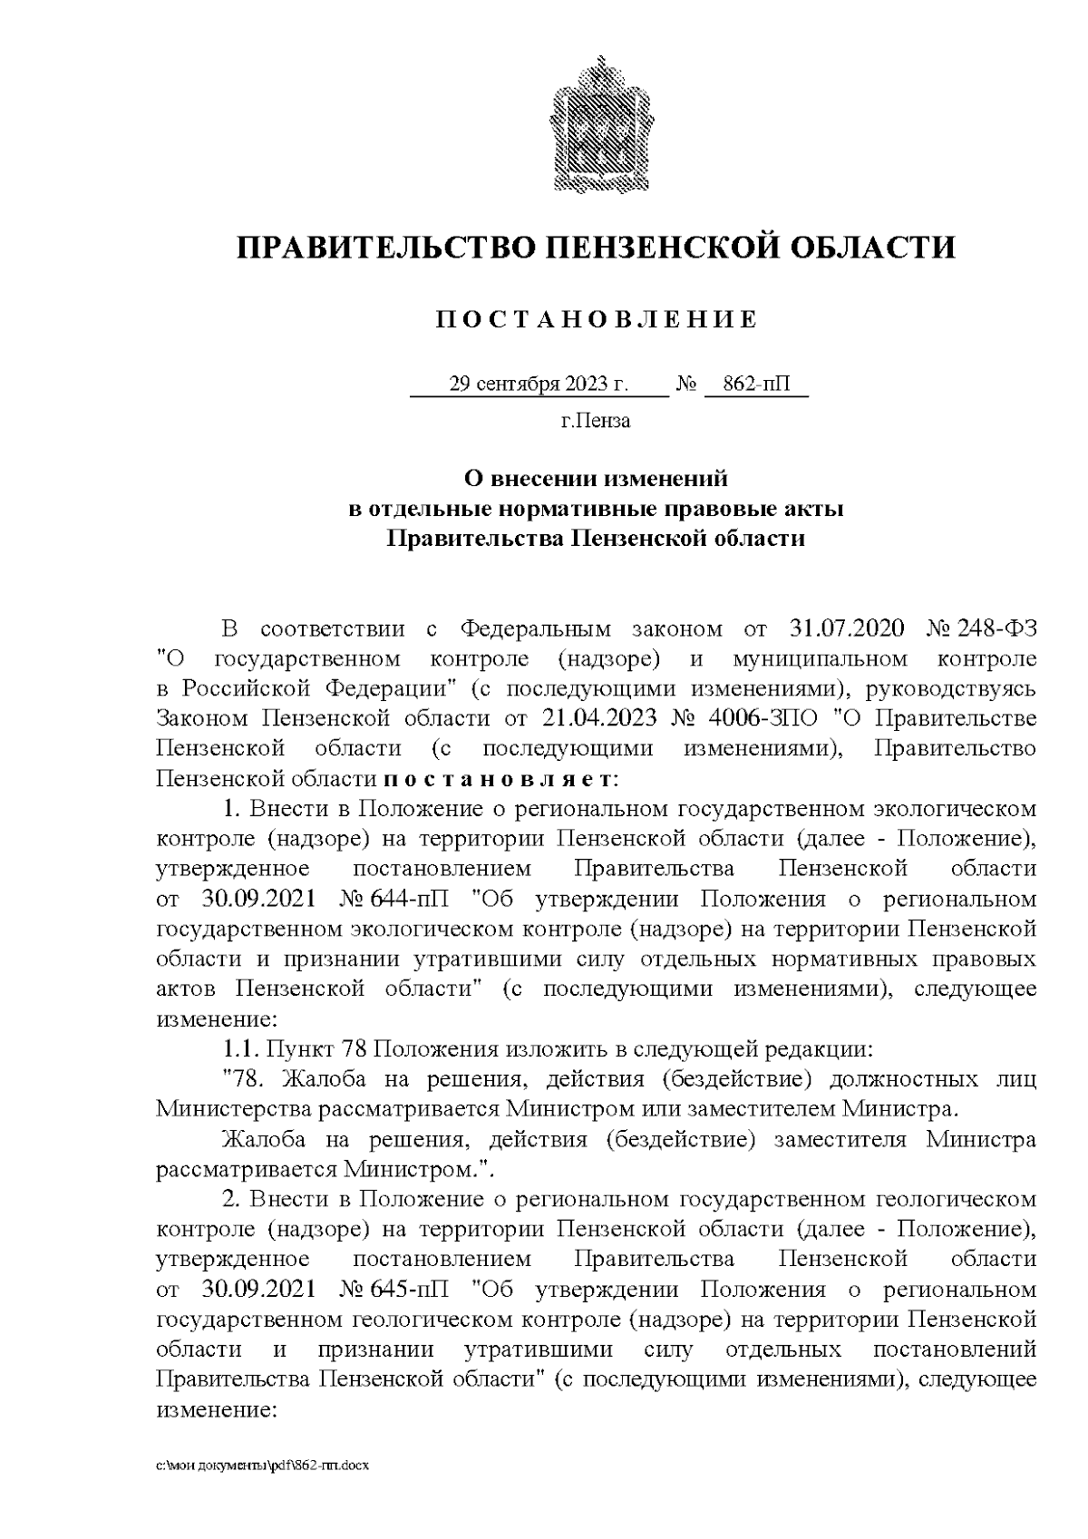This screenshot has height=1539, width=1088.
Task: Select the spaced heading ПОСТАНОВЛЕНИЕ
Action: [x=596, y=320]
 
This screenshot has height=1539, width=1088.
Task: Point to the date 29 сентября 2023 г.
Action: [x=539, y=385]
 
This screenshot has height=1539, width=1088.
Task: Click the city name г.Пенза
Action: [x=596, y=421]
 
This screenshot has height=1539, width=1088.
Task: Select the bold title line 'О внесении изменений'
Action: [x=596, y=476]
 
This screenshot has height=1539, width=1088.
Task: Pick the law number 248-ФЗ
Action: [x=996, y=628]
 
